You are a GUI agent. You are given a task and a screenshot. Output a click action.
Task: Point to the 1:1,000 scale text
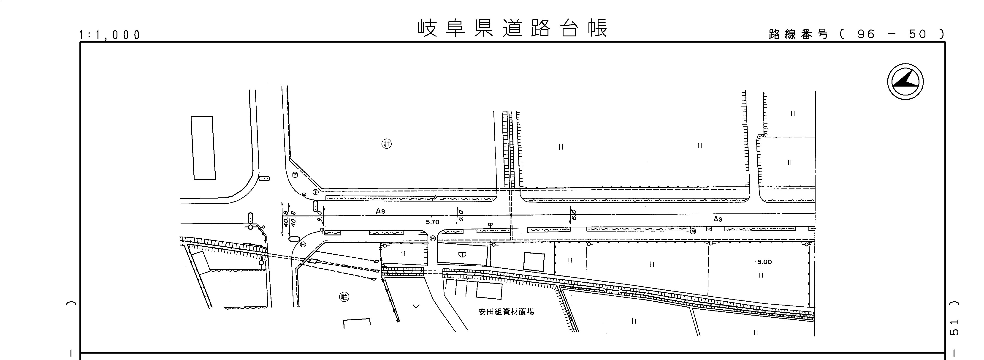pyautogui.click(x=110, y=35)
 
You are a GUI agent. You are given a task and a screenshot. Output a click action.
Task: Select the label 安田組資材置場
pyautogui.click(x=506, y=311)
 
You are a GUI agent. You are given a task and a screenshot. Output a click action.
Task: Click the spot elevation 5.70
pyautogui.click(x=432, y=222)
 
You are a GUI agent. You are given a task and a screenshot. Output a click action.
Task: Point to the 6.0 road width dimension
pyautogui.click(x=573, y=214)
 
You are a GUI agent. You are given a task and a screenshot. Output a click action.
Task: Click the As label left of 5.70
pyautogui.click(x=380, y=211)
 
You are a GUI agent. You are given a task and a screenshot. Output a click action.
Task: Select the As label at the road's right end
pyautogui.click(x=718, y=219)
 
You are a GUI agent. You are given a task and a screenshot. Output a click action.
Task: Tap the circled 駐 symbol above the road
pyautogui.click(x=387, y=144)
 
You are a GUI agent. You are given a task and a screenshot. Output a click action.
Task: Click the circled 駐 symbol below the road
pyautogui.click(x=344, y=297)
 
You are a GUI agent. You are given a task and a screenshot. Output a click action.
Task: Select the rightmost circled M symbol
pyautogui.click(x=693, y=231)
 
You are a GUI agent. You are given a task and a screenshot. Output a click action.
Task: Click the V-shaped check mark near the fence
pyautogui.click(x=416, y=306)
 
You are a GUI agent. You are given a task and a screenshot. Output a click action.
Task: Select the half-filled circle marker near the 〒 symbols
pyautogui.click(x=304, y=194)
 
